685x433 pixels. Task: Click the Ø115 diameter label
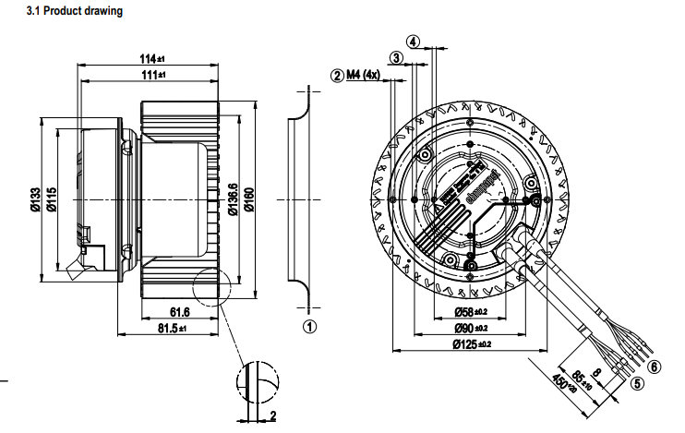53,200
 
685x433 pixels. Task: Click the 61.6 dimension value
179,312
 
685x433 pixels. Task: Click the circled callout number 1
310,326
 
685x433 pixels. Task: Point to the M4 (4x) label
364,75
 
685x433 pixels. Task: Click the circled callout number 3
396,58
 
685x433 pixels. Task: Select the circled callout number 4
414,42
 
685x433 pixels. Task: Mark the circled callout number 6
654,366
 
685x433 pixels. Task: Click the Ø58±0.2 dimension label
470,312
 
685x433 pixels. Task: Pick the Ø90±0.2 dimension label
470,328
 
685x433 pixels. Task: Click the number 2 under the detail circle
274,416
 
